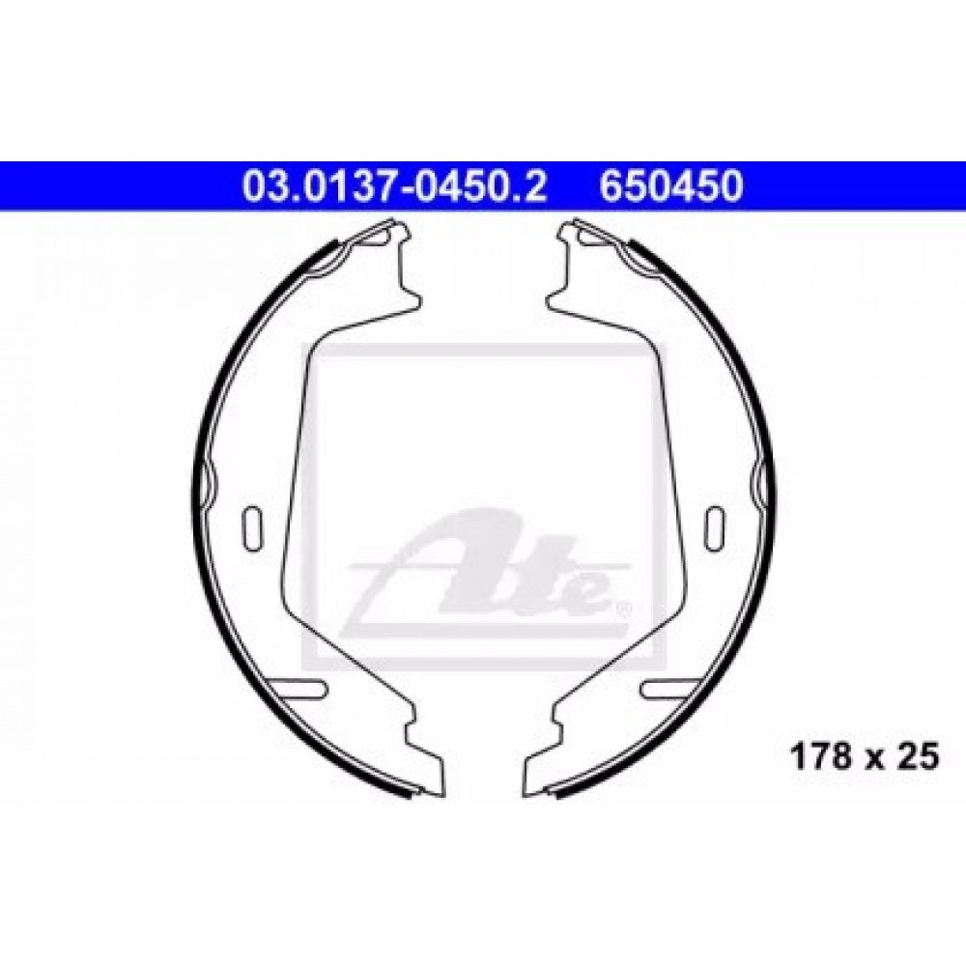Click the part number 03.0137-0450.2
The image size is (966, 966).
click(x=394, y=186)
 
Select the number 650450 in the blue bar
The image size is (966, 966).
click(x=671, y=186)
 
